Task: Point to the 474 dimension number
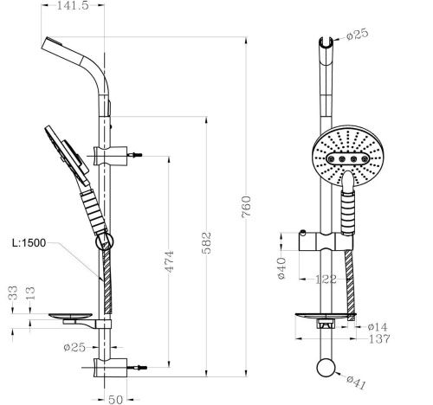(169, 260)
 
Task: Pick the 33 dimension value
(10, 292)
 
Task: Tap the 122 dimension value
(326, 279)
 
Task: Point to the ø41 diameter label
(355, 379)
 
